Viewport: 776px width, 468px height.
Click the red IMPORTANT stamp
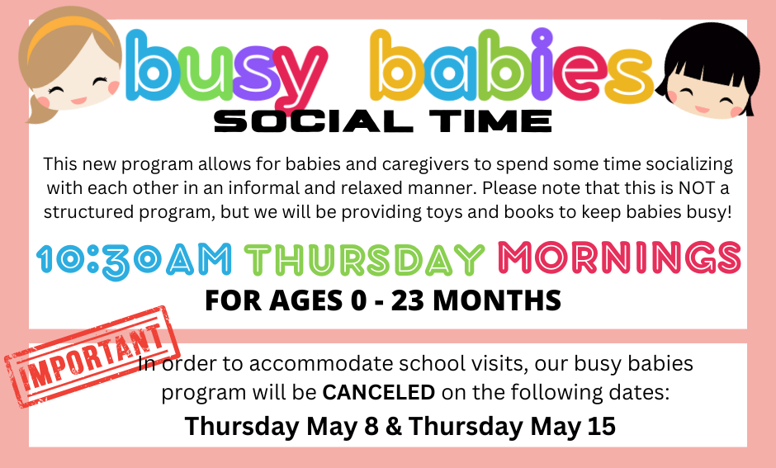92,357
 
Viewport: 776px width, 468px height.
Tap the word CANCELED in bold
379,392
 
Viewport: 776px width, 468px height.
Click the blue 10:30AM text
134,258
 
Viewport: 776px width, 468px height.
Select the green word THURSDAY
365,258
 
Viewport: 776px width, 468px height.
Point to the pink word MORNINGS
620,258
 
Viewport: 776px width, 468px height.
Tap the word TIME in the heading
490,121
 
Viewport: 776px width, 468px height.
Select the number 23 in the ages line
407,300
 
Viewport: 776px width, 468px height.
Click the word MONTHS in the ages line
497,300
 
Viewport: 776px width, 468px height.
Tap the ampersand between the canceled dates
394,426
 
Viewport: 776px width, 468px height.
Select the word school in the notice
432,364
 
